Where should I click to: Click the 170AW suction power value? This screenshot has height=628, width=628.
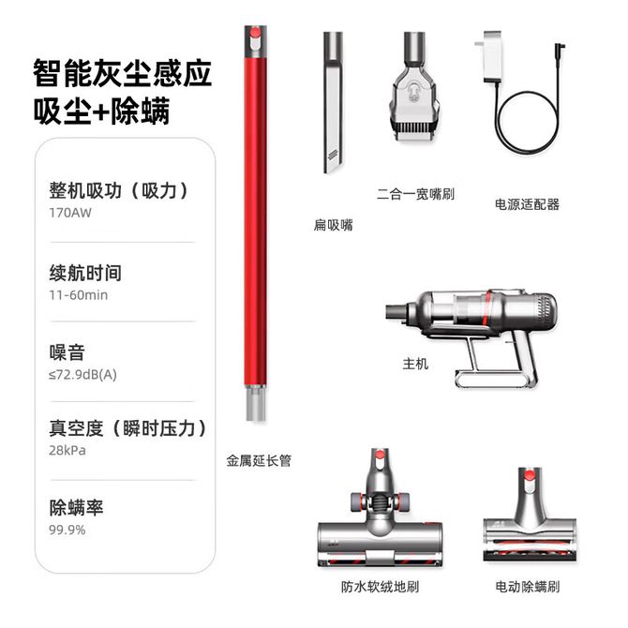tap(70, 213)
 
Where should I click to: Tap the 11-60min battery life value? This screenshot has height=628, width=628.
tap(78, 295)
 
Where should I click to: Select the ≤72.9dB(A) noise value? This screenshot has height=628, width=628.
tap(82, 375)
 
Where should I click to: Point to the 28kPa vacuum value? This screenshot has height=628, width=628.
tap(67, 450)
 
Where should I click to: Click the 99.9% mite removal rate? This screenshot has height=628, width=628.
tap(67, 530)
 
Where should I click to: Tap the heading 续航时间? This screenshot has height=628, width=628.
tap(85, 273)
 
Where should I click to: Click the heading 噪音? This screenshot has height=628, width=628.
tap(67, 352)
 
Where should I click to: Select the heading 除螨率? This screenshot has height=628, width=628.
tap(76, 507)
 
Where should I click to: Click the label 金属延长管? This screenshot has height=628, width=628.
tap(259, 460)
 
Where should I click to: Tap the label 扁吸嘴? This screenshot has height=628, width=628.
tap(334, 225)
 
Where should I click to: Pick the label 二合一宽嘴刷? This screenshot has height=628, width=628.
tap(415, 194)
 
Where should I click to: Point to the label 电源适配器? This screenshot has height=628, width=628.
tap(527, 204)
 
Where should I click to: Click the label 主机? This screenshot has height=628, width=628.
tap(415, 364)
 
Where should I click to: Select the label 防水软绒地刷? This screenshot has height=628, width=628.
tap(381, 587)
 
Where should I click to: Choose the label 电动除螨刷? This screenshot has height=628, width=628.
tap(527, 587)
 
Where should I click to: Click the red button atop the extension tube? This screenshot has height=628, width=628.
tap(255, 33)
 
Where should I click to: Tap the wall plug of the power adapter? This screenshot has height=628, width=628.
tap(492, 57)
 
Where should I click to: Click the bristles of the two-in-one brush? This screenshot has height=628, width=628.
tap(415, 128)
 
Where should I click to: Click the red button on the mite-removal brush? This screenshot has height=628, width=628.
tap(530, 475)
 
